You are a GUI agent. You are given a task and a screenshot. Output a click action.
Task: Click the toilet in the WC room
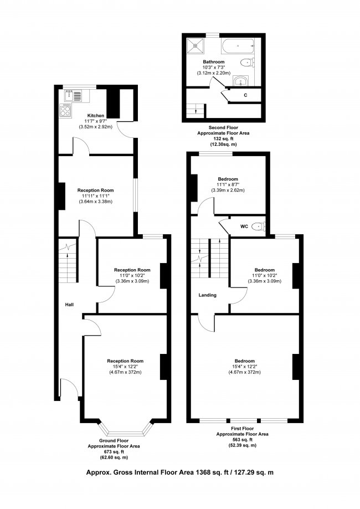click(259, 227)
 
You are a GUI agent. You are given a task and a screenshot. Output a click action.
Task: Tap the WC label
click(244, 227)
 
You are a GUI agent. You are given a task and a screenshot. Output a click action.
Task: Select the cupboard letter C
click(245, 96)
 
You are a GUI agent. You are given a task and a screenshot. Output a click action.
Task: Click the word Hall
click(69, 305)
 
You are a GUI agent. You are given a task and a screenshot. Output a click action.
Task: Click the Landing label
click(207, 295)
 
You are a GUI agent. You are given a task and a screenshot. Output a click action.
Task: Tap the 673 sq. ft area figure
click(114, 451)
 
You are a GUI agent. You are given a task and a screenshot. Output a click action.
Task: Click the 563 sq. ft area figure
click(242, 440)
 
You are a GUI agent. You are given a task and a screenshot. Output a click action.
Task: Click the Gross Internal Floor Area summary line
click(179, 472)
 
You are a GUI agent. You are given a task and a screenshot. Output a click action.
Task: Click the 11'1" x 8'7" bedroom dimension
click(228, 185)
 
